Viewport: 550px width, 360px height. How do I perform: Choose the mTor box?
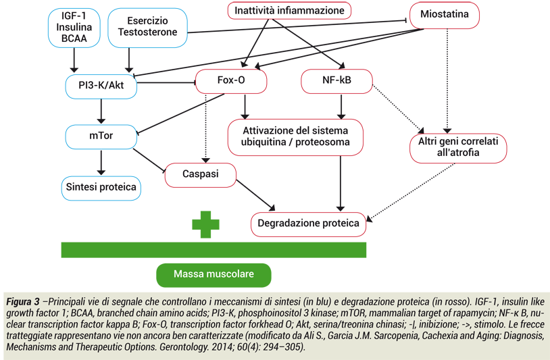click(101, 136)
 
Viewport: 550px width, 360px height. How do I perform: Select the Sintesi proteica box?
click(101, 186)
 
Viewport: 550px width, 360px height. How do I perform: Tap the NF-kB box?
click(336, 81)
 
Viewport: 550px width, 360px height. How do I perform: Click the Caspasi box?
click(200, 174)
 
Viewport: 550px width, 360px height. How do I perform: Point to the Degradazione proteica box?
click(309, 224)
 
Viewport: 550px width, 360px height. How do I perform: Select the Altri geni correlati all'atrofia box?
click(457, 147)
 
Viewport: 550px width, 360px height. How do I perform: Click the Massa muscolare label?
click(214, 274)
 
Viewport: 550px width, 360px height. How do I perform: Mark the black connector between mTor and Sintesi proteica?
click(101, 161)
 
